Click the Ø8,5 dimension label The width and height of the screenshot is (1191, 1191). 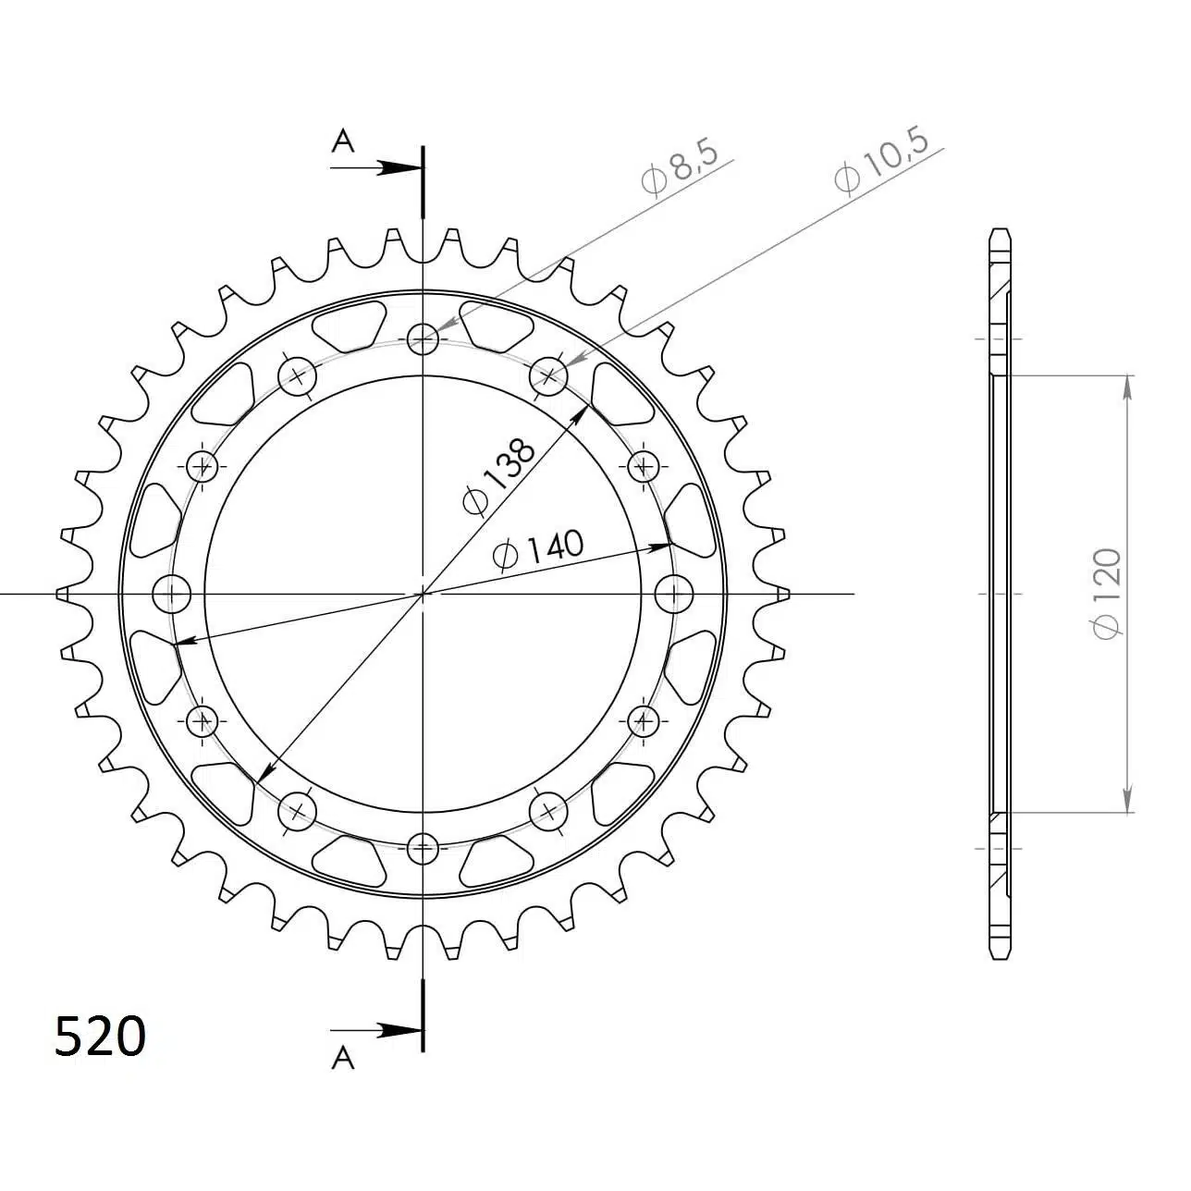680,168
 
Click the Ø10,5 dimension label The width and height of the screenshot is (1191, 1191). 880,162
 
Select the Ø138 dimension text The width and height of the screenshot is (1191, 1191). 498,476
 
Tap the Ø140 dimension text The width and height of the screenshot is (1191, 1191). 538,548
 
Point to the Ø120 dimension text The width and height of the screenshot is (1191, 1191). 1106,594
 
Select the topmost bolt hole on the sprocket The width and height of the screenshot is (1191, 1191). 423,338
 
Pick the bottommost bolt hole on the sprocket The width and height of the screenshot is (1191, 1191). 423,848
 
